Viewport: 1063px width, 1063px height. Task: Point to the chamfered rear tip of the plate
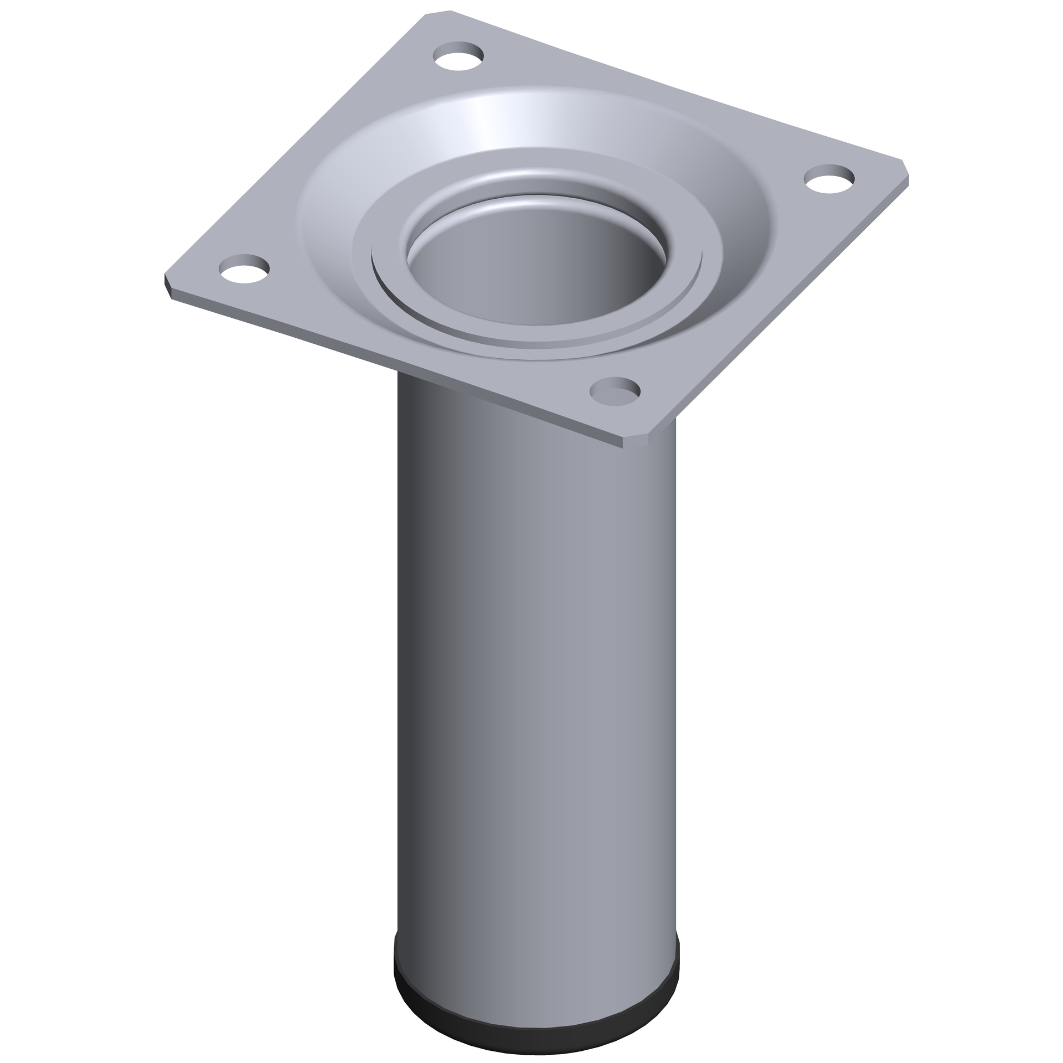[437, 13]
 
